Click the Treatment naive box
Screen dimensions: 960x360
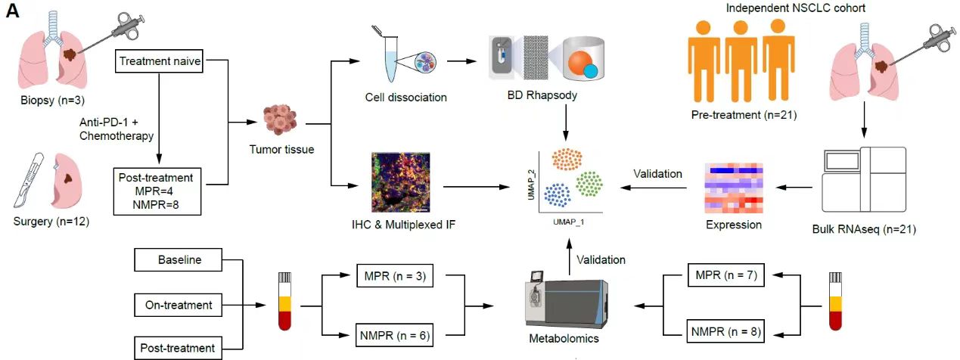pos(159,61)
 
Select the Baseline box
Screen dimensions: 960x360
pos(179,259)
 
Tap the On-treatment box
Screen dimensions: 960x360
pos(179,305)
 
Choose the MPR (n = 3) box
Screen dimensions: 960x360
pos(395,275)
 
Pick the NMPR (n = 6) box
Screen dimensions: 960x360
pos(395,335)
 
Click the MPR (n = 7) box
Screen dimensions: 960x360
pos(726,275)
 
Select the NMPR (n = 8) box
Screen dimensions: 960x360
pos(725,331)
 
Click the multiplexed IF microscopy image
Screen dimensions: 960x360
pos(401,182)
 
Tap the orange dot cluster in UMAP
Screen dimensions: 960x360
pos(567,160)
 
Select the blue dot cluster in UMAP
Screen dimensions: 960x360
pos(557,195)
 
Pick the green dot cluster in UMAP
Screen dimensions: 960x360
pos(589,184)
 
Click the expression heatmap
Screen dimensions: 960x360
pos(734,188)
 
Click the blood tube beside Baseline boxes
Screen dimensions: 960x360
pos(285,301)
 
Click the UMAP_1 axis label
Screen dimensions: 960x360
pos(568,222)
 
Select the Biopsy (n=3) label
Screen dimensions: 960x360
pos(53,101)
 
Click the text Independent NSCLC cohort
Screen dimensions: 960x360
pos(795,8)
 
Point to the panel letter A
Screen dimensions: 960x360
pos(12,11)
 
